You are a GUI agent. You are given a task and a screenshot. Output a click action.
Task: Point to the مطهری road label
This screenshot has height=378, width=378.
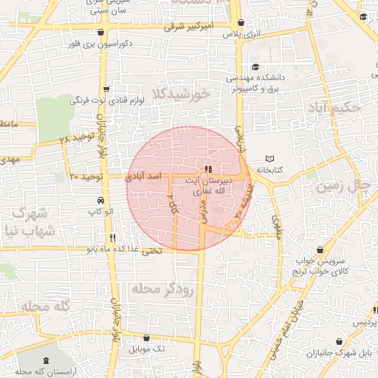click(277, 226)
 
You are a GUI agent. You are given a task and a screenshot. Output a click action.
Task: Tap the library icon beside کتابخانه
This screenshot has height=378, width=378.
click(269, 159)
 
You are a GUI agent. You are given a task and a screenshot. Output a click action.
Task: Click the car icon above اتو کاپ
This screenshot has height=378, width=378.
click(100, 201)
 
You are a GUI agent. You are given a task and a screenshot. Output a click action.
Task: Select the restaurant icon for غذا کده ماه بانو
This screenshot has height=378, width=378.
click(112, 238)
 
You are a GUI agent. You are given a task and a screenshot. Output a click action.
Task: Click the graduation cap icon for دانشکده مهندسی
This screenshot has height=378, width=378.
click(255, 67)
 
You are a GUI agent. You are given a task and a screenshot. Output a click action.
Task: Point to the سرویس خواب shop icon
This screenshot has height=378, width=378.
click(319, 250)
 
